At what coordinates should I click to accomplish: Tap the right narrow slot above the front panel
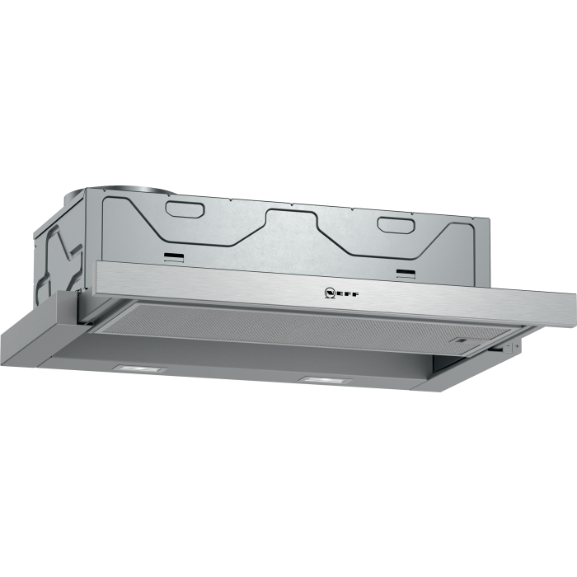click(406, 271)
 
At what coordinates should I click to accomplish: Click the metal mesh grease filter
click(313, 326)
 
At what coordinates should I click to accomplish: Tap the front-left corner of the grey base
click(7, 331)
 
